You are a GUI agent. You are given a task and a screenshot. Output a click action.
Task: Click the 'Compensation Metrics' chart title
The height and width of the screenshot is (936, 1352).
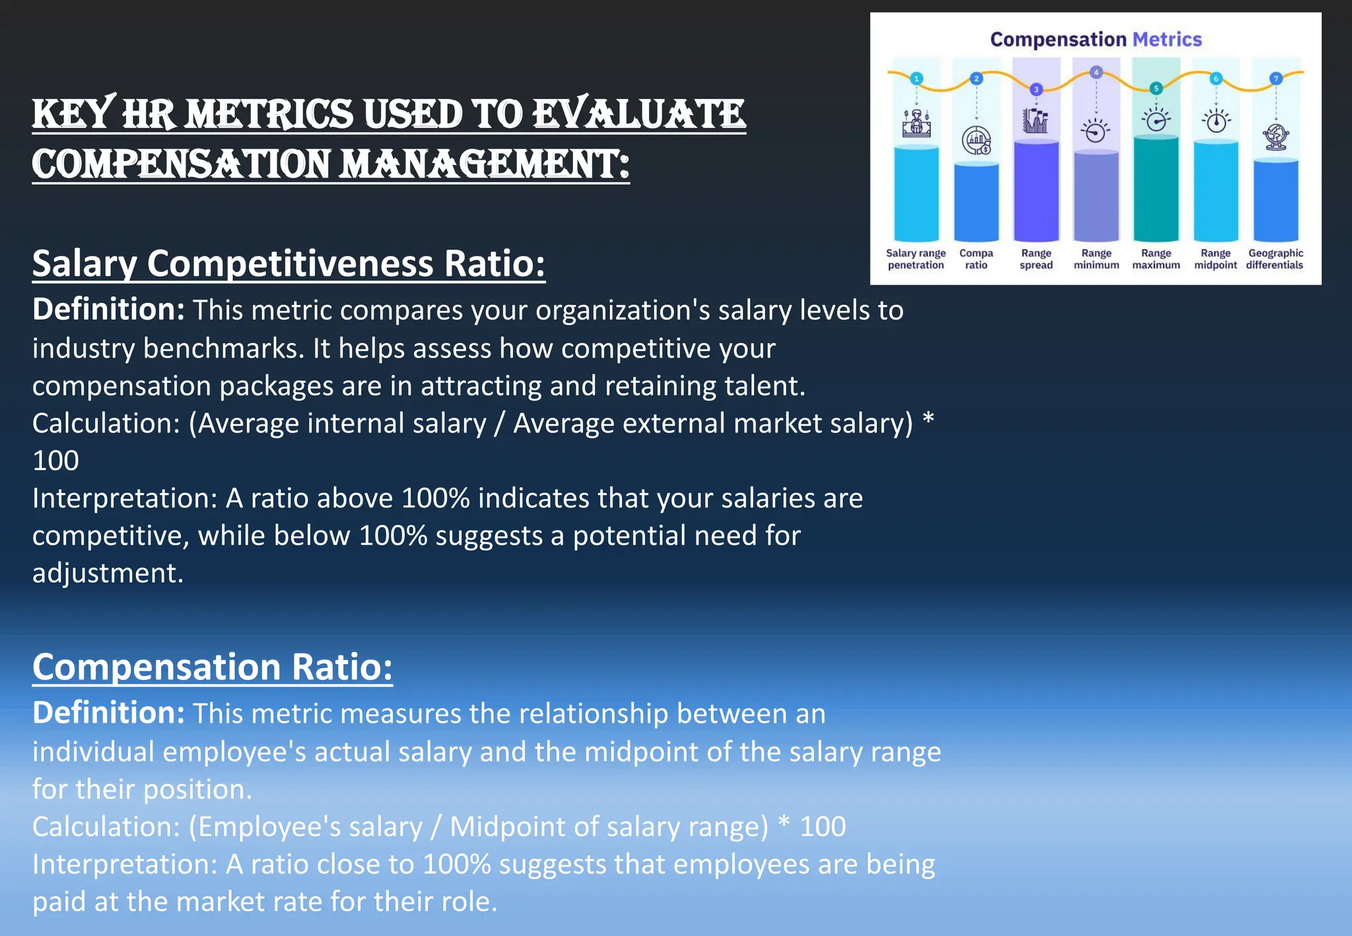1095,40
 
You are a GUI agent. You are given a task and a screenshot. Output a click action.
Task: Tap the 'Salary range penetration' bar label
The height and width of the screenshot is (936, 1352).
916,259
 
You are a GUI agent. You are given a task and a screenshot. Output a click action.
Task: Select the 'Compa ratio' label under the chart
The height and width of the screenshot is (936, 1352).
976,259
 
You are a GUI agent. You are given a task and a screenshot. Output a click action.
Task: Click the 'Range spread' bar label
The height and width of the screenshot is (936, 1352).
1036,259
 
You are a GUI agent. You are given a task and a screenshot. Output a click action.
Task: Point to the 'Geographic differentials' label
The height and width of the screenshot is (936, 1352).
1275,259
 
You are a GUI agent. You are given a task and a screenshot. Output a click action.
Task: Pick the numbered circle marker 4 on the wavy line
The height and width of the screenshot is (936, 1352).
1096,72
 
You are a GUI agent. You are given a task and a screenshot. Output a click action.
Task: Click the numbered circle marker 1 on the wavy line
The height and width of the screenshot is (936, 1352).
916,79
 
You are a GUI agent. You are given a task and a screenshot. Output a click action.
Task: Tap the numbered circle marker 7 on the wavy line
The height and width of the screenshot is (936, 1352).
1275,79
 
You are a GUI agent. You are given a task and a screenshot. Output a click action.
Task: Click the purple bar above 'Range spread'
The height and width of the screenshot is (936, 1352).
1036,191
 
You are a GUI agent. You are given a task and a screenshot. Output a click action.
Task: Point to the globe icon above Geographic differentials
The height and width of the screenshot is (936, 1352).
1275,137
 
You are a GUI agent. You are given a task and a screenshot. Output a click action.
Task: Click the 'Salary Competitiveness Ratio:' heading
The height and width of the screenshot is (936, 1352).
288,264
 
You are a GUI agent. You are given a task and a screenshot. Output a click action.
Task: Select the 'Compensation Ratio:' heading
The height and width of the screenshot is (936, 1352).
212,667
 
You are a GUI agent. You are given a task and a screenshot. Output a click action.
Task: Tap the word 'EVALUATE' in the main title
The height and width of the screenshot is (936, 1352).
638,114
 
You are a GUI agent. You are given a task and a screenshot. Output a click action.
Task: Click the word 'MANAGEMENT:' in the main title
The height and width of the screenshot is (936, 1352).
485,164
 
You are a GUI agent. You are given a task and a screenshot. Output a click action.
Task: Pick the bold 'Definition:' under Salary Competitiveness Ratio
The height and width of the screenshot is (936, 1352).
108,310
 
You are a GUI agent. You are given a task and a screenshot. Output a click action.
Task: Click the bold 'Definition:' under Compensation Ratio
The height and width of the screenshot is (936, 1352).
108,713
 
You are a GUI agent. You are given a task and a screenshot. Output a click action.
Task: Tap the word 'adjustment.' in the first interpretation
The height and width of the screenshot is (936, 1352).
108,573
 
